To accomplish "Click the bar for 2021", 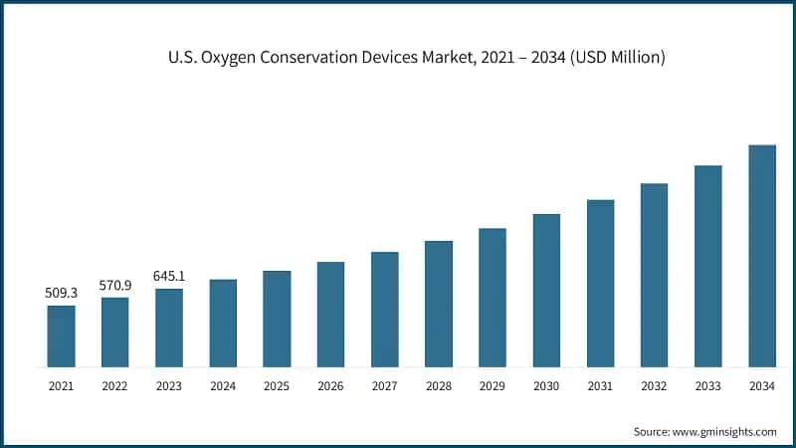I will (x=62, y=336).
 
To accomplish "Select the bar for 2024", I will (x=223, y=323).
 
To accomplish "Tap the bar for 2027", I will (x=385, y=309).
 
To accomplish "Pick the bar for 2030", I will (x=546, y=290).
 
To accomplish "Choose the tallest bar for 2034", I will (x=762, y=256).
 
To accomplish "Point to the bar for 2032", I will (x=654, y=275).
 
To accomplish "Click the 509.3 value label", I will (x=61, y=294).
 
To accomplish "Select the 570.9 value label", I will (x=115, y=286).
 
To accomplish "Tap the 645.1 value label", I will (x=169, y=276).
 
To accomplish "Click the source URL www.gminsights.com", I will (x=724, y=431).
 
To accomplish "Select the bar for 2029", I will (x=493, y=298).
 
